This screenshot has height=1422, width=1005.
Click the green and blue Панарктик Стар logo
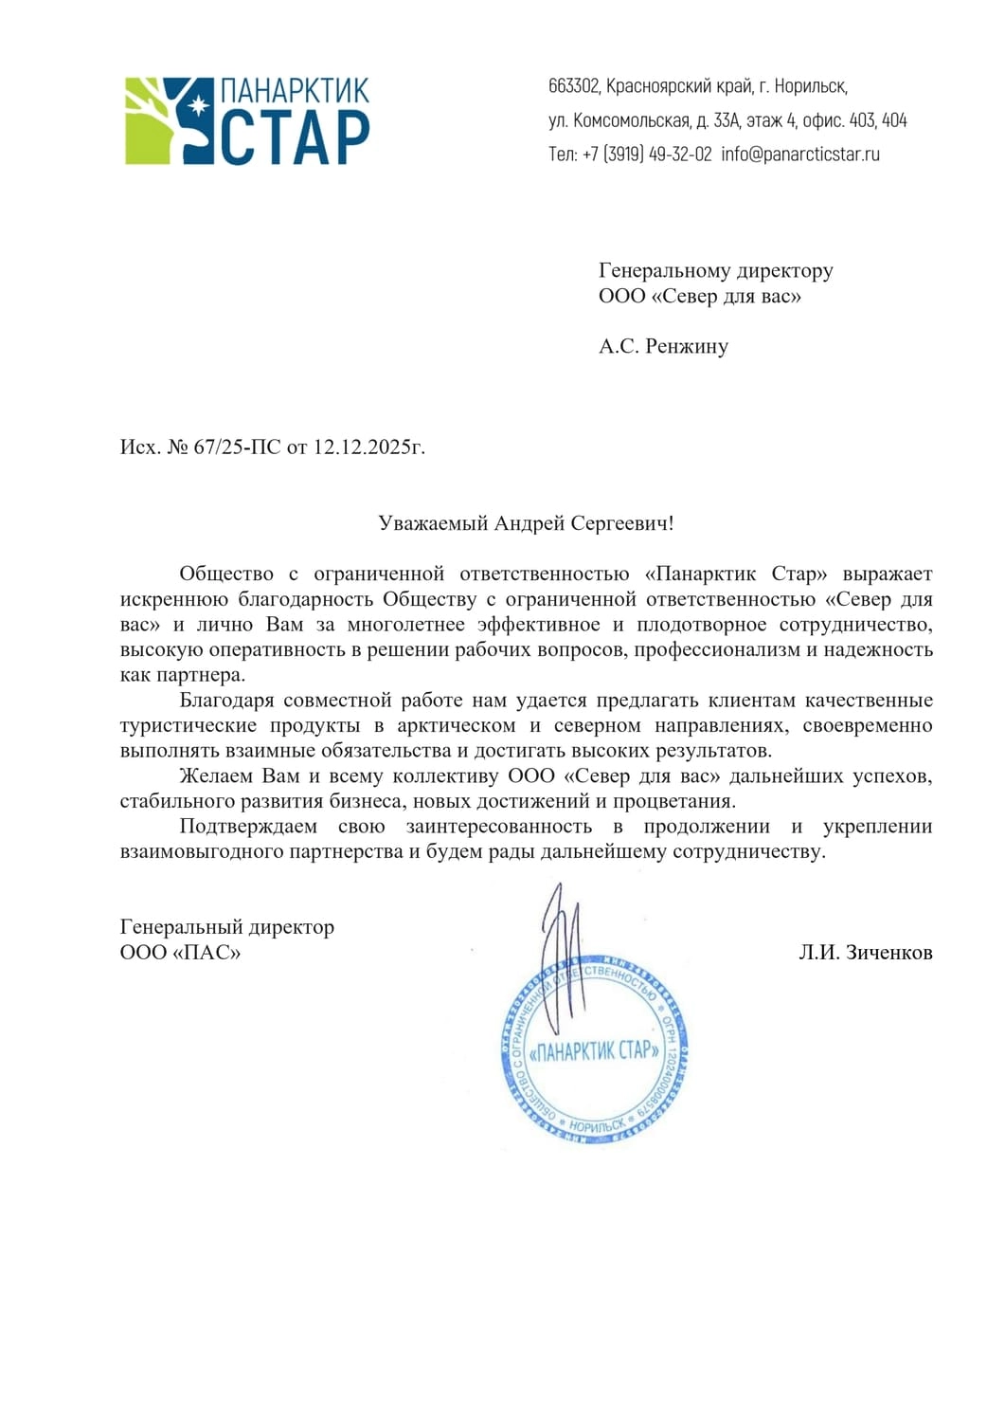[x=247, y=121]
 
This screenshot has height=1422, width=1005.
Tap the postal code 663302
[x=573, y=86]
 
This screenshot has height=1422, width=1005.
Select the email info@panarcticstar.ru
[x=800, y=154]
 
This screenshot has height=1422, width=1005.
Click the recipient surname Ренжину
[x=687, y=346]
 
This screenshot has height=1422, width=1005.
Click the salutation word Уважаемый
[x=433, y=523]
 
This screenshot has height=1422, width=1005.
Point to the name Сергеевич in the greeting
[x=621, y=523]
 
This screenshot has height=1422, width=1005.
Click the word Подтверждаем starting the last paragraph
[x=248, y=826]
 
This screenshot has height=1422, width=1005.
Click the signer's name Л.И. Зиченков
[x=865, y=953]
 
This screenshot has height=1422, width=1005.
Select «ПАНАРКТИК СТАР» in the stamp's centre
[x=594, y=1050]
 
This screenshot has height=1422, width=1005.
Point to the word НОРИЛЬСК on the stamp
[x=596, y=1125]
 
